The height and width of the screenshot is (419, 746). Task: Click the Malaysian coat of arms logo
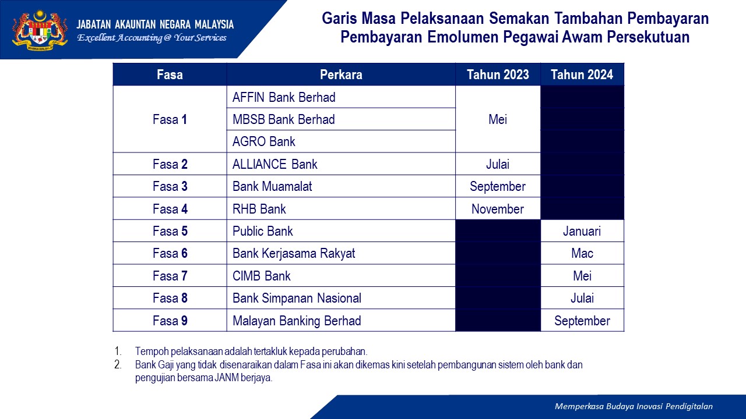[40, 29]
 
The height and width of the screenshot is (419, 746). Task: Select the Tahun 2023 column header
[498, 74]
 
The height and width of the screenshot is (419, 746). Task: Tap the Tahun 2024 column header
[582, 74]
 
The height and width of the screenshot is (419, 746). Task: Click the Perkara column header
[341, 74]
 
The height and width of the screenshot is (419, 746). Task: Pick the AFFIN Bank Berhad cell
[341, 97]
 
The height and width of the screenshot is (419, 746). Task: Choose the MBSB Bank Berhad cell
[341, 119]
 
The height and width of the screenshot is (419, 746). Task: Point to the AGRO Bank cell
[341, 141]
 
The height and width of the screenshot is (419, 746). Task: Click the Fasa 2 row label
[170, 164]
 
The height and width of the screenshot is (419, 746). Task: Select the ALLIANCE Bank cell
[341, 164]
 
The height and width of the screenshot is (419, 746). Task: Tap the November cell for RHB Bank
[498, 209]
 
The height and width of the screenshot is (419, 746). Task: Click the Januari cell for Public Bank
[582, 231]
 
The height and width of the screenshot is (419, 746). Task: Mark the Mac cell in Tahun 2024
[582, 253]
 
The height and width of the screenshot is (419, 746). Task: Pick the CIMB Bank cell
[341, 276]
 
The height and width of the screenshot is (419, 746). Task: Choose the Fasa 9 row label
[170, 321]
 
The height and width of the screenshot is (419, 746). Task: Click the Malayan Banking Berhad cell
[341, 321]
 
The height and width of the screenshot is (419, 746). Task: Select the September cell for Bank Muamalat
[498, 186]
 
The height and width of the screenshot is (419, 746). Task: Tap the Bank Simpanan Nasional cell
[341, 298]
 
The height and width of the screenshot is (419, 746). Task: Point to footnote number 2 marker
[118, 365]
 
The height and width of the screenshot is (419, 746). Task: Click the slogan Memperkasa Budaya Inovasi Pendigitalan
[634, 406]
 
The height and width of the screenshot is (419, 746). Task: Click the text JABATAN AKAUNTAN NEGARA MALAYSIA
[155, 24]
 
